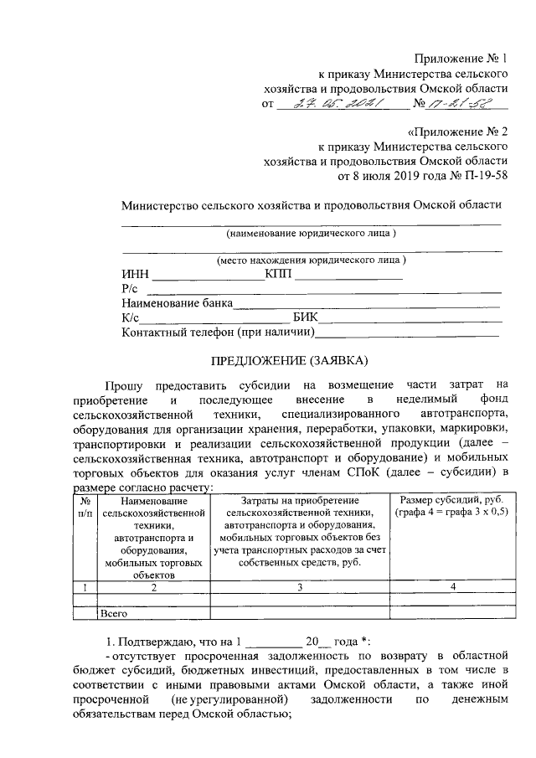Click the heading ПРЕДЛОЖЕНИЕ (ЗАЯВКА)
click(x=287, y=361)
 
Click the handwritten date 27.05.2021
click(x=329, y=106)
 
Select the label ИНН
click(x=135, y=273)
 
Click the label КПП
click(x=279, y=273)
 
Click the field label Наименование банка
click(x=177, y=303)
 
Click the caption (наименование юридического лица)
click(x=312, y=232)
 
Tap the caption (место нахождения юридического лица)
click(x=312, y=260)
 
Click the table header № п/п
click(x=85, y=506)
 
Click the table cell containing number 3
click(x=299, y=587)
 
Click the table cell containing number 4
click(x=452, y=587)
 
